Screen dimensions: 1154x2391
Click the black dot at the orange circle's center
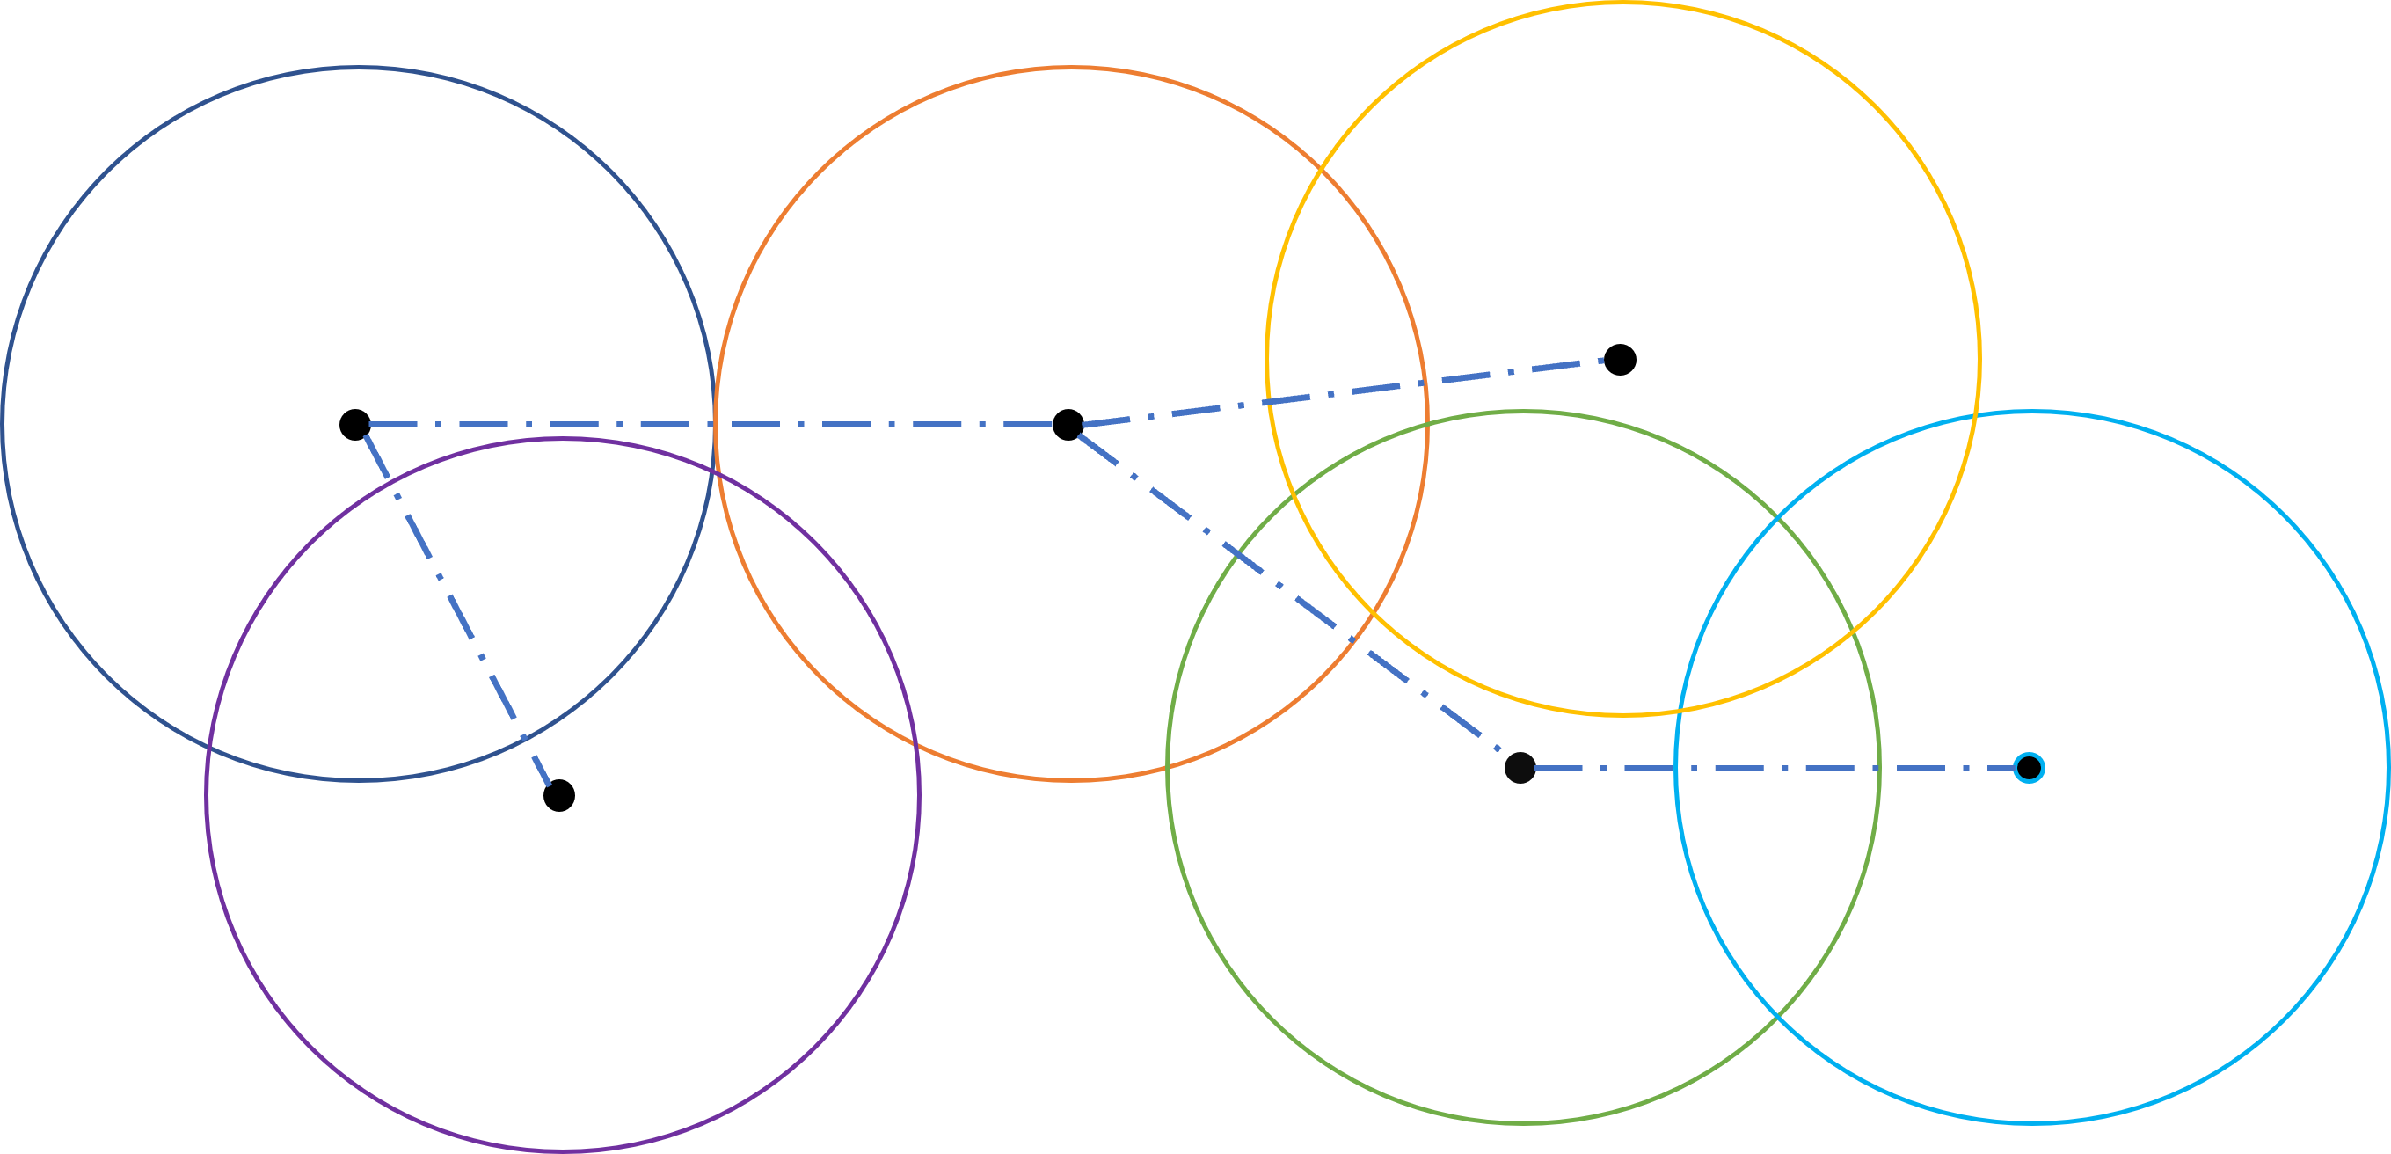click(1068, 424)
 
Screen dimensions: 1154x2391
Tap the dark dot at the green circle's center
click(1520, 768)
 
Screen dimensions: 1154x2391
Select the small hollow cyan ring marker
click(2029, 768)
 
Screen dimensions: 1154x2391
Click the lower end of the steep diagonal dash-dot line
click(550, 786)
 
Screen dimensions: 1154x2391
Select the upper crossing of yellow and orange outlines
click(1320, 169)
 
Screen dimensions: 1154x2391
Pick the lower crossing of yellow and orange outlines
click(1372, 612)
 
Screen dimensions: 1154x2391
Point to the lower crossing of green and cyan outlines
click(1775, 1019)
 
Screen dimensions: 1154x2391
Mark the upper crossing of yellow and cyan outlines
click(1974, 417)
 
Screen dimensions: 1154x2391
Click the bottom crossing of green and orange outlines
click(1169, 767)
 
